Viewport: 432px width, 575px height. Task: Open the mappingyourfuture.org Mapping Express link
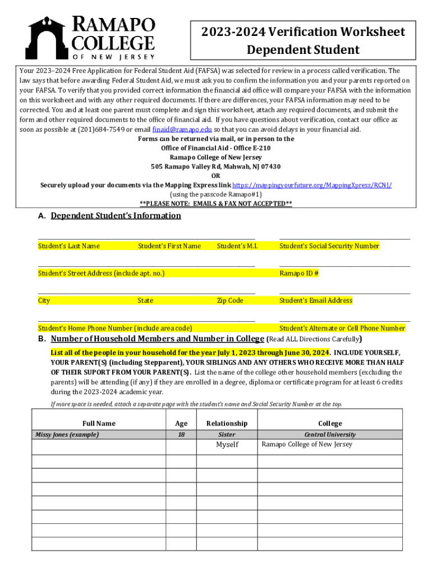click(312, 185)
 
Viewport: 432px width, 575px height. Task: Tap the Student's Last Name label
click(69, 246)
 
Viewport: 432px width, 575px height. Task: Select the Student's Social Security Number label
click(329, 246)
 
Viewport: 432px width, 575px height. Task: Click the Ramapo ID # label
click(299, 273)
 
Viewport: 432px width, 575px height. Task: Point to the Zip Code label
click(230, 301)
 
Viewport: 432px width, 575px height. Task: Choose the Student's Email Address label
click(316, 301)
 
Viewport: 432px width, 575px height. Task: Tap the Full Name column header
click(98, 423)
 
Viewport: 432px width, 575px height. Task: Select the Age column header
click(181, 423)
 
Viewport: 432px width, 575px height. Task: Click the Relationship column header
click(227, 423)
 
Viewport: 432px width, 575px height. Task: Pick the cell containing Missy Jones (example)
click(67, 435)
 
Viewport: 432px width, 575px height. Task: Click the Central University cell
click(330, 435)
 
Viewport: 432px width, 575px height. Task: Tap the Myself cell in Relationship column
click(227, 445)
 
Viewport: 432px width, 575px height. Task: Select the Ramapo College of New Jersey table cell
click(307, 445)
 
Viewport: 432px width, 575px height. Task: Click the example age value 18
click(181, 435)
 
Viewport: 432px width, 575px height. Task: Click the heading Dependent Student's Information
click(116, 216)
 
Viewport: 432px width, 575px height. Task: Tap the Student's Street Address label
click(101, 273)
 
